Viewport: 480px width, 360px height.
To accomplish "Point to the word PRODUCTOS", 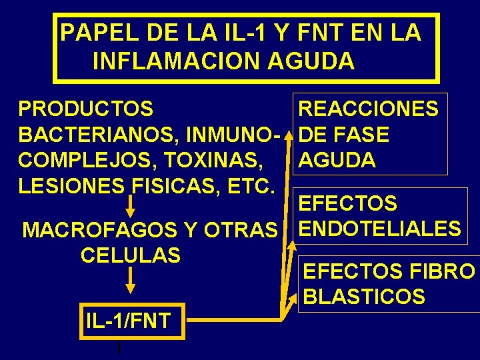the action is click(x=86, y=109).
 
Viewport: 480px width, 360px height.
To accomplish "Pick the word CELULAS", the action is click(x=130, y=255).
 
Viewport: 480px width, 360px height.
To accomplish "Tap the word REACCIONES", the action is click(x=368, y=109).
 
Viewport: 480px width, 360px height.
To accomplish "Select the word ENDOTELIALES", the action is click(x=379, y=229).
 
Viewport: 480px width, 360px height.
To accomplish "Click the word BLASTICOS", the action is click(x=364, y=296).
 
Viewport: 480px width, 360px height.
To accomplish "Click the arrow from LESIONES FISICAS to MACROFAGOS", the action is click(x=131, y=205).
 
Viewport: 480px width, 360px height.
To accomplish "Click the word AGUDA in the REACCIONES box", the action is click(x=337, y=160).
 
